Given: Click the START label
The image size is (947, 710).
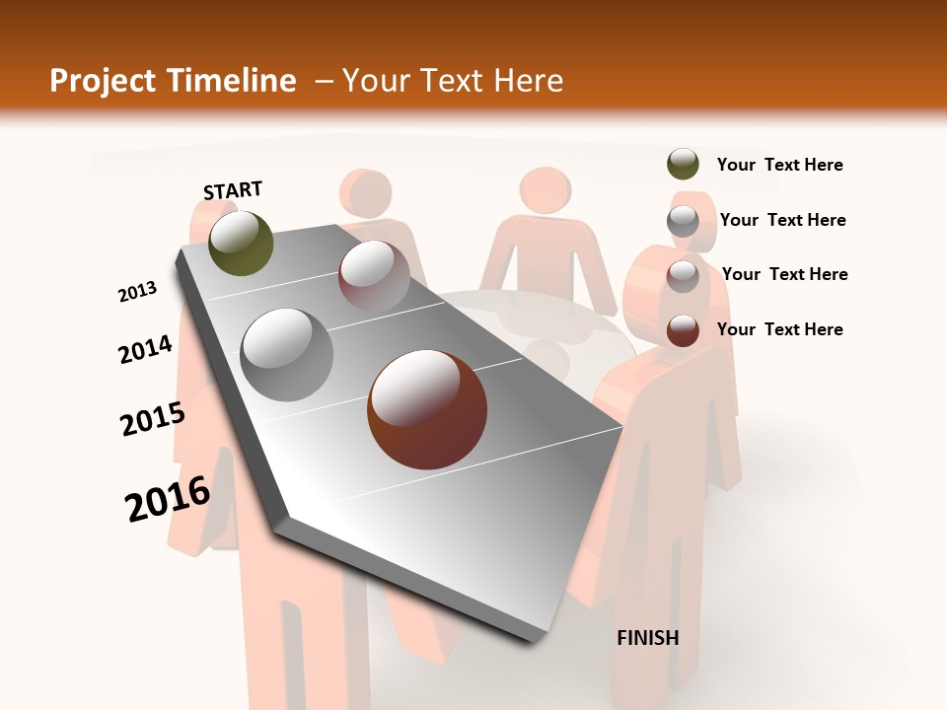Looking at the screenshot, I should [x=233, y=189].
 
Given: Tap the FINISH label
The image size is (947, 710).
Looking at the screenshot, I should [x=647, y=638].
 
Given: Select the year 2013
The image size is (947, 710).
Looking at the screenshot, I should [x=137, y=292].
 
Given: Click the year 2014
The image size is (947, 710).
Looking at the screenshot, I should [x=145, y=349].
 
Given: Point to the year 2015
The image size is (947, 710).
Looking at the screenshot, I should [x=152, y=419].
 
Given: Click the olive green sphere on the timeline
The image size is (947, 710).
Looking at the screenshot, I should [x=241, y=243].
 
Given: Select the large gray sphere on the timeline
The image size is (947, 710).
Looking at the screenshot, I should [x=287, y=354].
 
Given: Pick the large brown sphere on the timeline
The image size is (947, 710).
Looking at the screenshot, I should [x=426, y=409].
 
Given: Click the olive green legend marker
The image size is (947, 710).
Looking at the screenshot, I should [x=683, y=165].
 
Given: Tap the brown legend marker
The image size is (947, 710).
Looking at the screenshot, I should [x=683, y=329].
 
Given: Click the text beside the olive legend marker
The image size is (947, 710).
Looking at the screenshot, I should [x=779, y=165].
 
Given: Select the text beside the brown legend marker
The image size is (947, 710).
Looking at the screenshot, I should [x=779, y=329].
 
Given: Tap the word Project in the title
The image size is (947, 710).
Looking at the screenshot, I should [x=101, y=81].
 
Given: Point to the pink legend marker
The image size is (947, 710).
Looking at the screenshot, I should [x=683, y=275].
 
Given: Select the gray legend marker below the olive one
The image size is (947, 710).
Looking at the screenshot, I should [x=683, y=220].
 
